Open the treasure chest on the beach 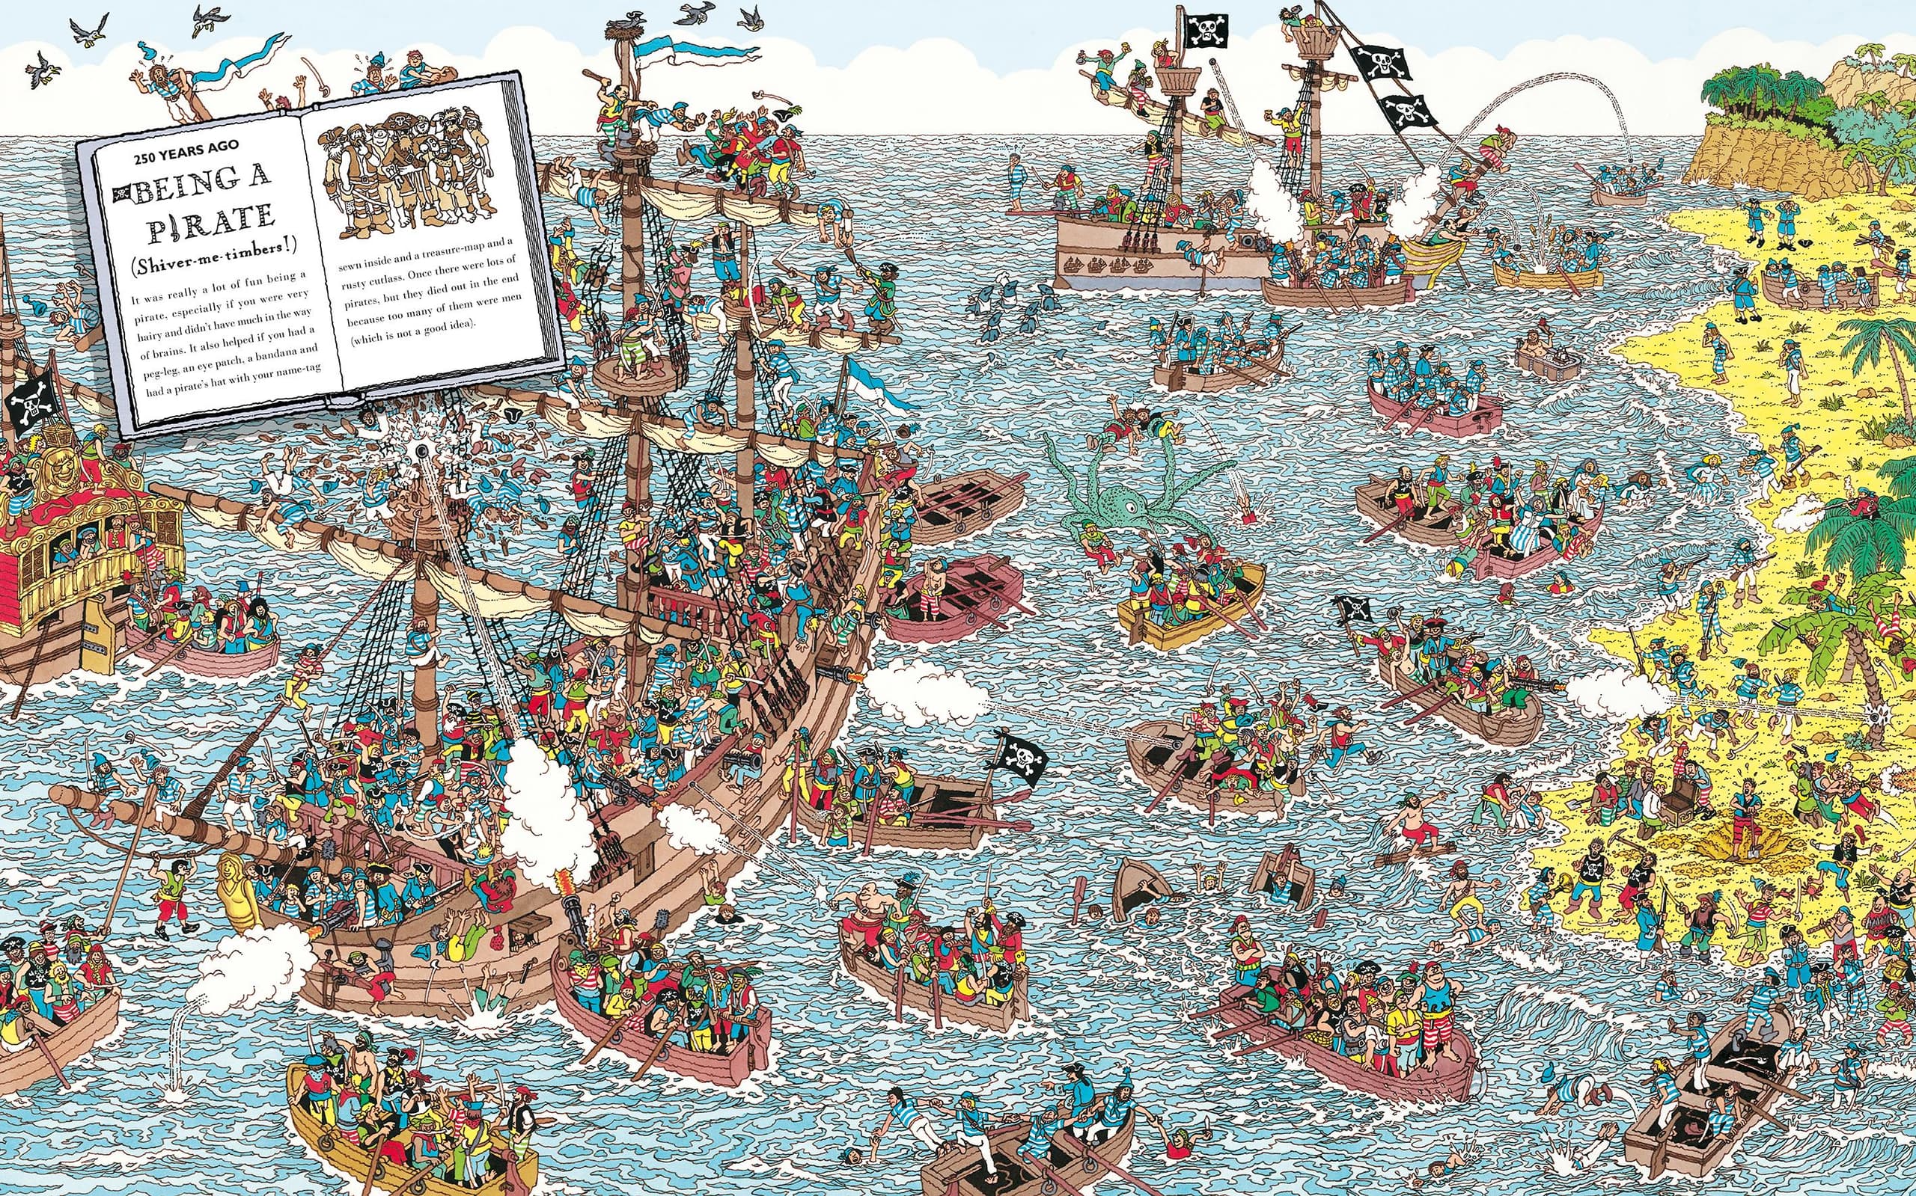1672,807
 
